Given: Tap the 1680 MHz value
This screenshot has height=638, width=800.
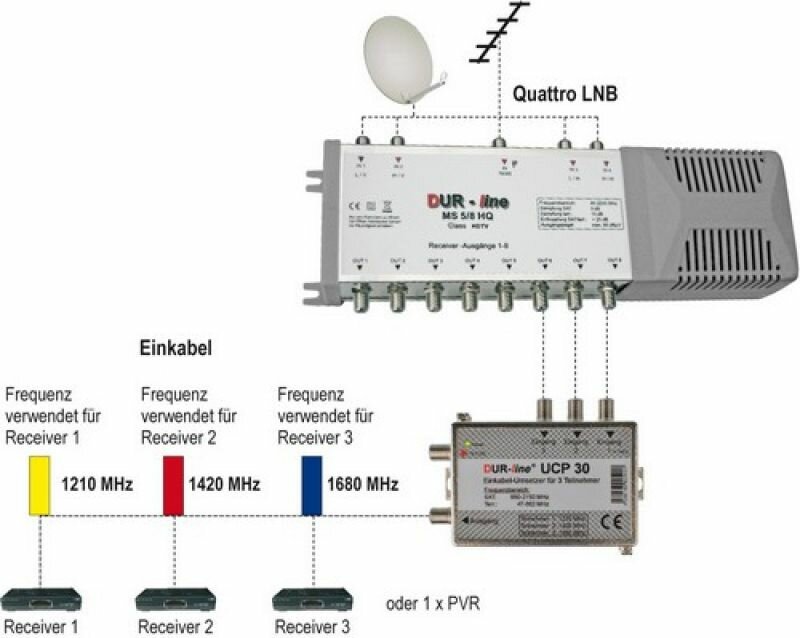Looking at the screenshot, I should coord(364,485).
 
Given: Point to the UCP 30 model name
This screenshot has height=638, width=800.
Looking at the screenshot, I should coord(563,466).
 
